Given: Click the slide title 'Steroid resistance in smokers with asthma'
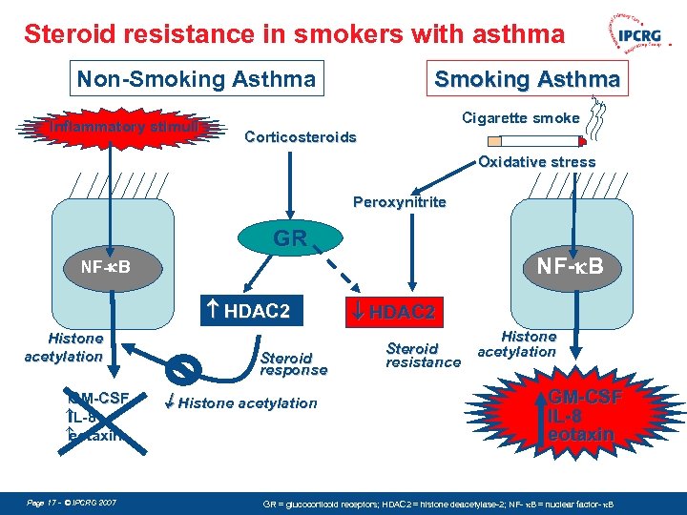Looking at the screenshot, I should (x=294, y=35).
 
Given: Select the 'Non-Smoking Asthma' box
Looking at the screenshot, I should (x=196, y=79).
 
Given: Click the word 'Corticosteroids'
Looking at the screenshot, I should (x=300, y=137).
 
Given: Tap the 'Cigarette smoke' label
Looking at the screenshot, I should (x=520, y=118).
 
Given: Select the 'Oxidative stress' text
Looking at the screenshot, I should (x=536, y=162).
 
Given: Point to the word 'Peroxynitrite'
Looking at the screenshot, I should (x=399, y=202).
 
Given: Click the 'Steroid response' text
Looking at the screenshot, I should (x=293, y=363).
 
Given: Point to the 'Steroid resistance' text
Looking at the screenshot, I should (x=423, y=355).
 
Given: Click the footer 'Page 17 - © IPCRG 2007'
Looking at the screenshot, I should (x=73, y=501).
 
